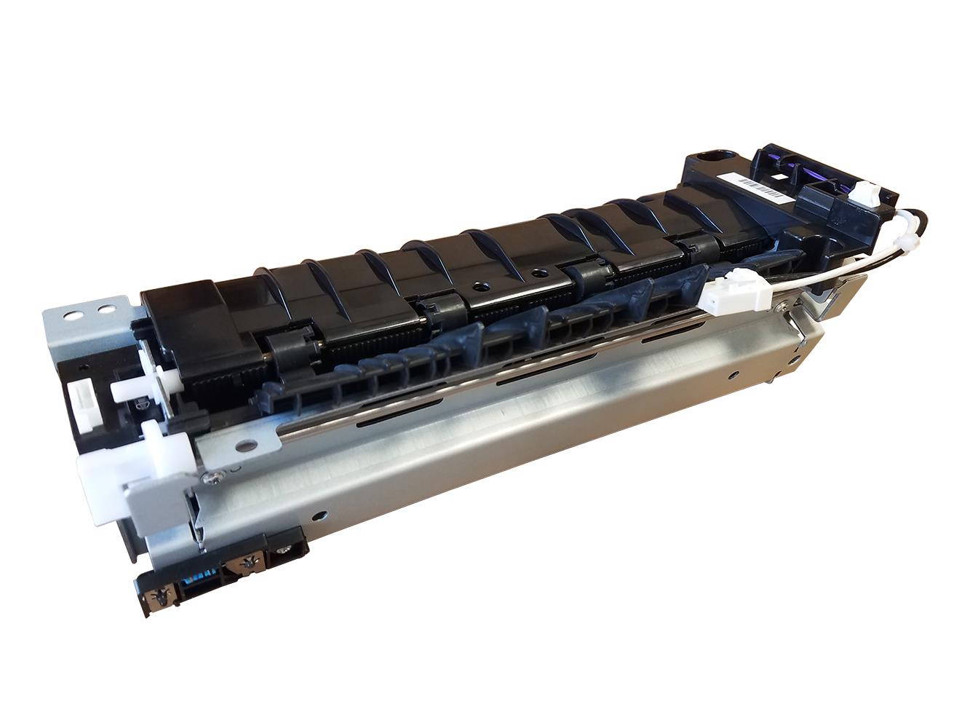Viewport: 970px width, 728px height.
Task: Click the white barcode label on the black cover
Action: tap(759, 189)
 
